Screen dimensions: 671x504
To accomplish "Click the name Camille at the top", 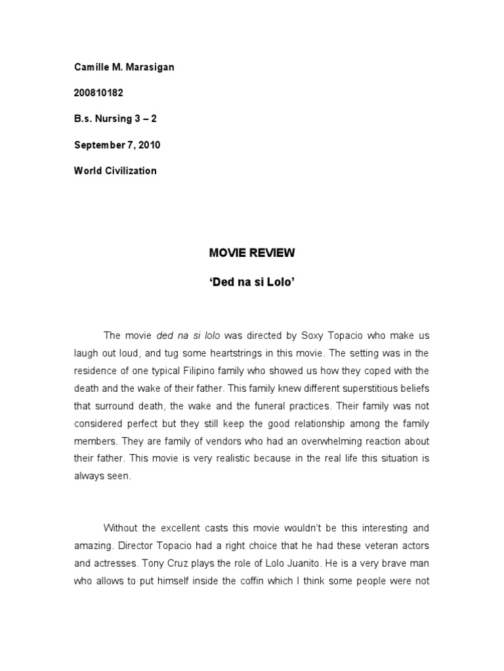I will pos(89,67).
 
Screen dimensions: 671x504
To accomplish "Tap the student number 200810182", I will pos(98,93).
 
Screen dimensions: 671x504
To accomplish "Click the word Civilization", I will pos(131,170).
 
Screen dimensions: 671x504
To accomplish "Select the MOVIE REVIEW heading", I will pos(251,252).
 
